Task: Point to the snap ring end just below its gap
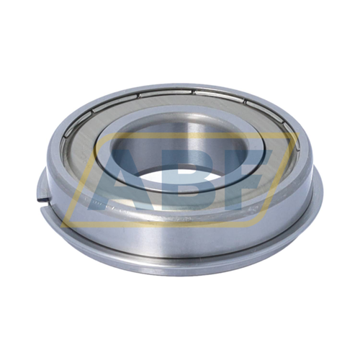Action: point(44,210)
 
